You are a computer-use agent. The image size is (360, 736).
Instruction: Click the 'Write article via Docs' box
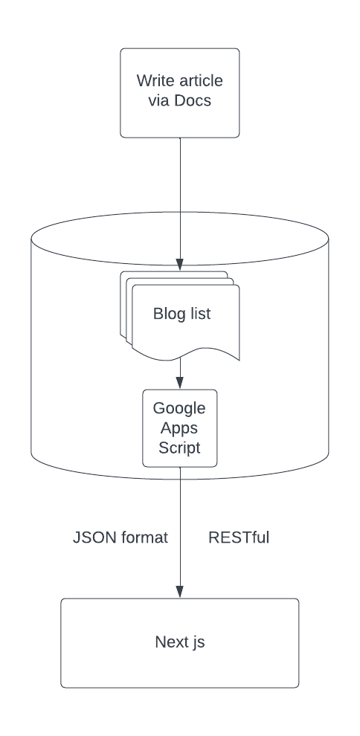[x=180, y=93]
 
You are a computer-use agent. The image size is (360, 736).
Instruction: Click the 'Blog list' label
[x=181, y=314]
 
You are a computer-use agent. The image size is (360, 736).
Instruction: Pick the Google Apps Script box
[x=180, y=428]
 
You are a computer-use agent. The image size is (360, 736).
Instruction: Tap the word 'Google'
[x=179, y=408]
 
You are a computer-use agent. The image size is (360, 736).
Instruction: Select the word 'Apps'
[x=179, y=428]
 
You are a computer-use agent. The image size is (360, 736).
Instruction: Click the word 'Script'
[x=179, y=448]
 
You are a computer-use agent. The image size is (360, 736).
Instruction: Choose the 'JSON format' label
[x=120, y=538]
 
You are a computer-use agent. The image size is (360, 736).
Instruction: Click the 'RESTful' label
[x=239, y=538]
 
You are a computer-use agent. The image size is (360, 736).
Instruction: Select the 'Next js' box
[x=180, y=643]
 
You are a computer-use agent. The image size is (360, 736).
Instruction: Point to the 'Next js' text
[x=180, y=642]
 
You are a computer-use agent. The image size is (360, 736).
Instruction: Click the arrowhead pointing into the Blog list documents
[x=180, y=264]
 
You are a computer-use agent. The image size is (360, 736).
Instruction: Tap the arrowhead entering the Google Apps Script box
[x=180, y=383]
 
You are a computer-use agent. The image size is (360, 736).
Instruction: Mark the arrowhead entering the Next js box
[x=180, y=592]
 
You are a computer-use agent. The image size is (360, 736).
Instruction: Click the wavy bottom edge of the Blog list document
[x=186, y=355]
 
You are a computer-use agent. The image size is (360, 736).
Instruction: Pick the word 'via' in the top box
[x=158, y=100]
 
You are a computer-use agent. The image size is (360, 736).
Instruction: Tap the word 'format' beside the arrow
[x=144, y=538]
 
